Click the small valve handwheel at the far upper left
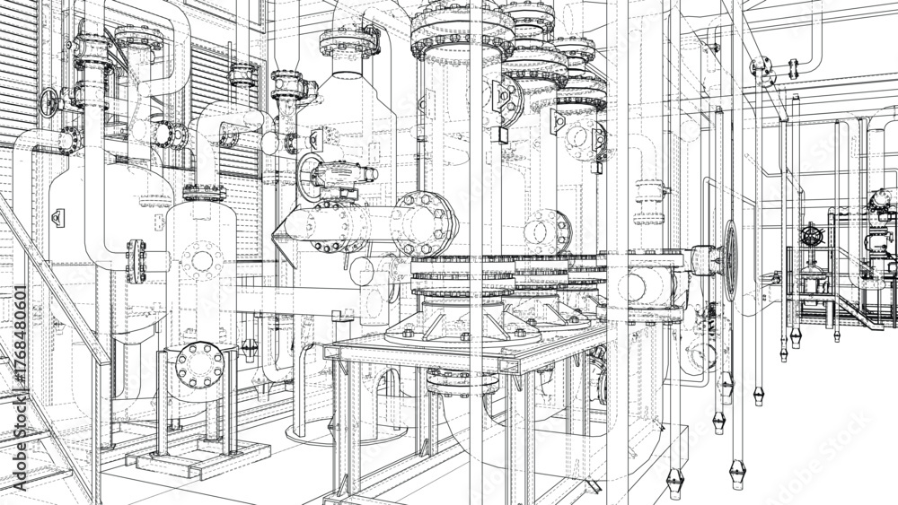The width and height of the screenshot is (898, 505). click(x=48, y=102)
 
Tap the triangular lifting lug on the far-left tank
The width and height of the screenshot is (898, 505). click(x=58, y=217)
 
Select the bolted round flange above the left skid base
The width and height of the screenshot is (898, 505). click(x=200, y=364)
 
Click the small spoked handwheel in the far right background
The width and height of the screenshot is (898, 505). click(x=813, y=237)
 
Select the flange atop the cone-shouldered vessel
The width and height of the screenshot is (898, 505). click(x=348, y=41)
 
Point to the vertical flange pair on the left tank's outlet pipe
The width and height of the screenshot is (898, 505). click(x=136, y=260)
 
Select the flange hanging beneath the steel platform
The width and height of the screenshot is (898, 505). click(x=462, y=380)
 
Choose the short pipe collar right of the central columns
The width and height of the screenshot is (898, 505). click(x=650, y=191)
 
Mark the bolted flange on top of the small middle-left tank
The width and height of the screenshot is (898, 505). click(x=204, y=192)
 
